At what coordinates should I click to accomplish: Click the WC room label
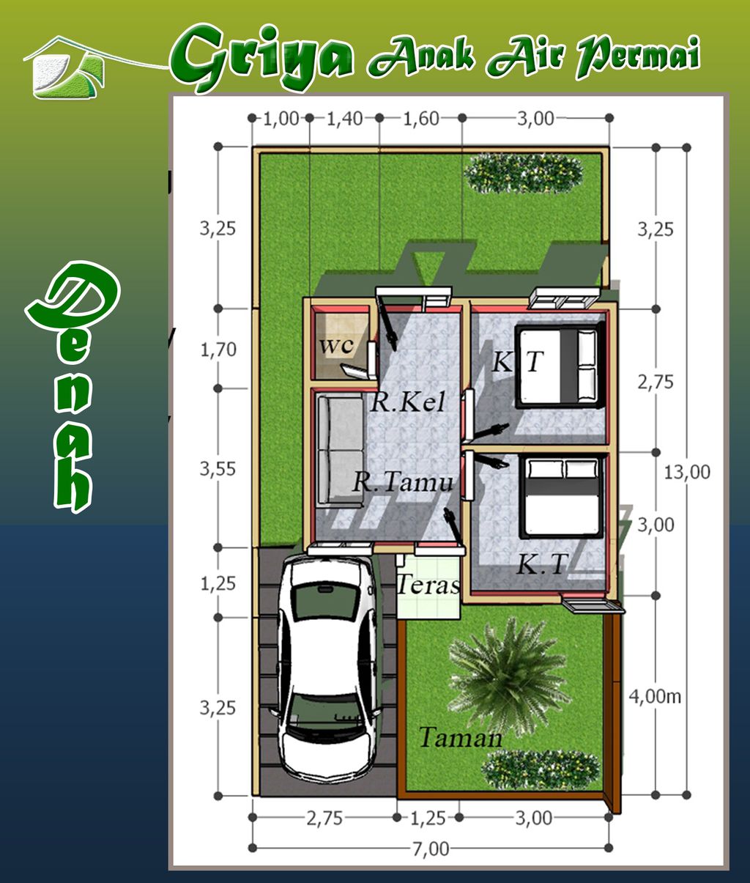tap(337, 346)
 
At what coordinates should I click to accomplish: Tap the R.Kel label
tap(407, 402)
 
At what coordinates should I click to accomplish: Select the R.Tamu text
tap(402, 482)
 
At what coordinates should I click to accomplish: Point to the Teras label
tap(428, 585)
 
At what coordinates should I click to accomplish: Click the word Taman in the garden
tap(461, 737)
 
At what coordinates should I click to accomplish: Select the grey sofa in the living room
tap(340, 450)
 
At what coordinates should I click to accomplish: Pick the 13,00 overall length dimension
tap(687, 472)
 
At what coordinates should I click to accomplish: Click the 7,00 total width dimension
tap(431, 850)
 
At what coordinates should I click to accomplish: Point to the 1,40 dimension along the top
tap(345, 119)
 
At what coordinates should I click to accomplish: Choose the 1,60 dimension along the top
tap(421, 119)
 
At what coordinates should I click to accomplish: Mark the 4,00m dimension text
tap(655, 697)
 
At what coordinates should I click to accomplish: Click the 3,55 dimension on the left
tap(218, 469)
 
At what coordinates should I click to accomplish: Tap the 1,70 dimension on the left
tap(218, 350)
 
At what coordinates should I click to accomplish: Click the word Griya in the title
tap(261, 58)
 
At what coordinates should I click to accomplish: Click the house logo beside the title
tap(68, 67)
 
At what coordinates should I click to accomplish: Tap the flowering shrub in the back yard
tap(524, 173)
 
